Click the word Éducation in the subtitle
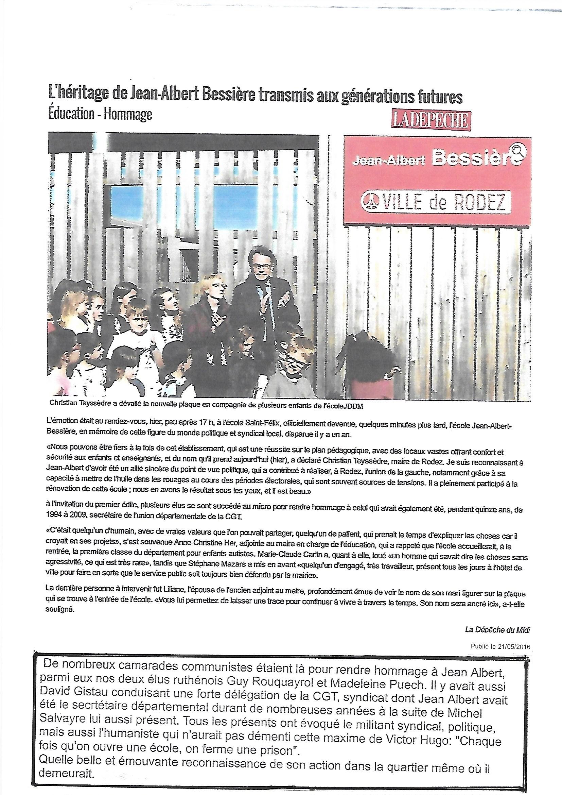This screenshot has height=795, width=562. pyautogui.click(x=71, y=114)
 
